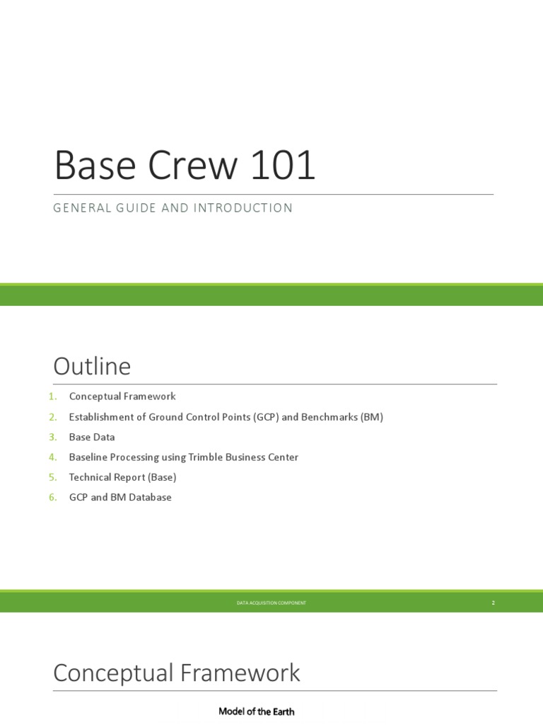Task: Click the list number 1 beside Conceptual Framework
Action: (x=52, y=396)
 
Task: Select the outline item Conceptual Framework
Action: (x=122, y=396)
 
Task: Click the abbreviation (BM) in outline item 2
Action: (x=371, y=417)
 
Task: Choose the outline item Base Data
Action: (x=92, y=437)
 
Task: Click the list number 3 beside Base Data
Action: (x=52, y=437)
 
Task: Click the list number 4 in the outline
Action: (x=52, y=457)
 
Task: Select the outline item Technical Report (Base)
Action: (x=122, y=477)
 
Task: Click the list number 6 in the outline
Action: (x=52, y=497)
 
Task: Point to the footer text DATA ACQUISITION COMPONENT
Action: (x=271, y=603)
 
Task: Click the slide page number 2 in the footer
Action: (x=493, y=603)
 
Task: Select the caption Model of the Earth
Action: (x=257, y=712)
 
